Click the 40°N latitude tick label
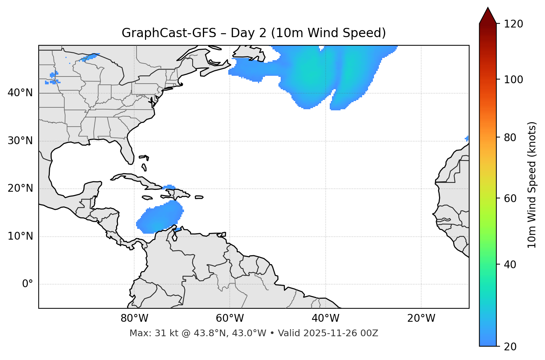pos(20,93)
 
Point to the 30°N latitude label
pos(20,141)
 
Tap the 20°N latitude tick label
pos(20,189)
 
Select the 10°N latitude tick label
pos(20,236)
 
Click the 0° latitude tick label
pos(28,284)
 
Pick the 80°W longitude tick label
pos(134,318)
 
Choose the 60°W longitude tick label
pos(230,318)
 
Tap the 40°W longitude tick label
pos(326,318)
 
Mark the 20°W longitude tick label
pos(421,318)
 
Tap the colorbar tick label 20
pos(510,347)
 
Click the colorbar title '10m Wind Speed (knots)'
pos(532,185)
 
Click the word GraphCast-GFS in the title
pos(169,33)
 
